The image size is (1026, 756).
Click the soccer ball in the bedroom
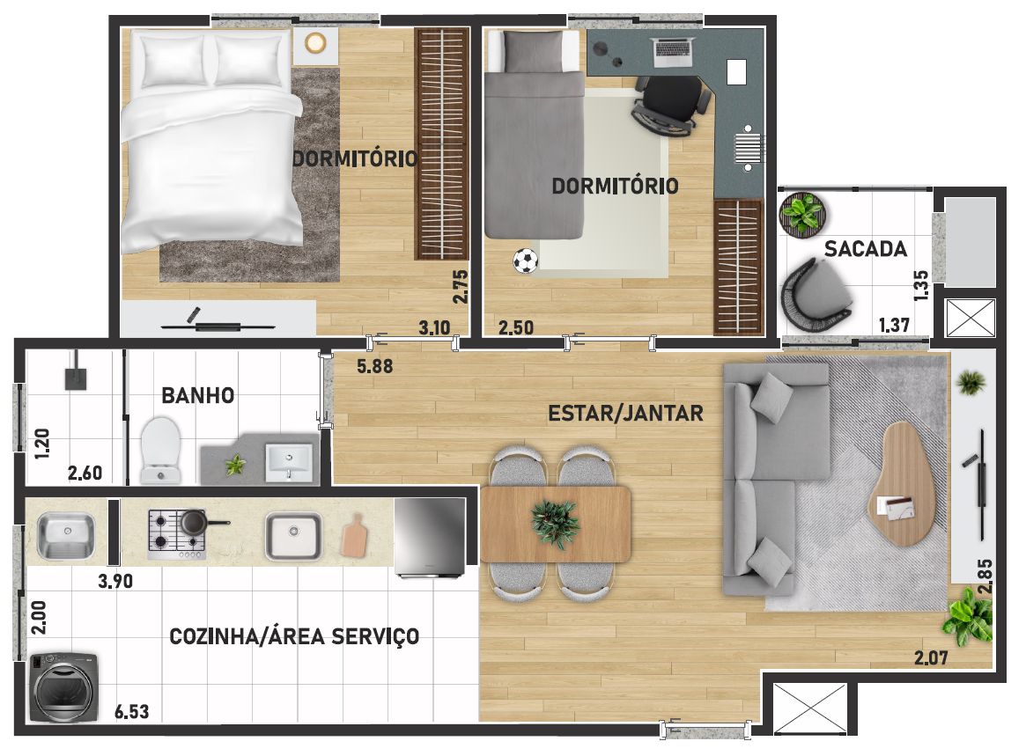click(x=526, y=261)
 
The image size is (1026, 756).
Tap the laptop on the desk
click(x=674, y=52)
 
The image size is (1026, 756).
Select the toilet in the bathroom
click(x=160, y=451)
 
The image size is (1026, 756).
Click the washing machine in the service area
click(x=64, y=686)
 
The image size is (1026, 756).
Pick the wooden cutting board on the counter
click(x=355, y=536)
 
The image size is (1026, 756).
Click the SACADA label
click(x=865, y=249)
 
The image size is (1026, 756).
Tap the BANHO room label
click(x=197, y=396)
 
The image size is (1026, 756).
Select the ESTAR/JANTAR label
click(x=625, y=414)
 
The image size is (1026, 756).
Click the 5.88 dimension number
click(x=375, y=366)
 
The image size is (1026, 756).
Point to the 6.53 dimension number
click(x=131, y=711)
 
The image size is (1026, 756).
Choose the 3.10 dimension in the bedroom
click(x=434, y=327)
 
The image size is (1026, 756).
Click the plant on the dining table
click(x=555, y=524)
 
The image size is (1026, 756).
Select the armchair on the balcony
click(x=814, y=295)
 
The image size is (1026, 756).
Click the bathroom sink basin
click(x=289, y=462)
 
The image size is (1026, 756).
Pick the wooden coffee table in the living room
click(x=902, y=483)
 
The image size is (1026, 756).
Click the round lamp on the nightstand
click(x=315, y=43)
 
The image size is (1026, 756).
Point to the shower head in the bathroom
click(x=75, y=376)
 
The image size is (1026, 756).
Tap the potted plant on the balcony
click(x=802, y=213)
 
